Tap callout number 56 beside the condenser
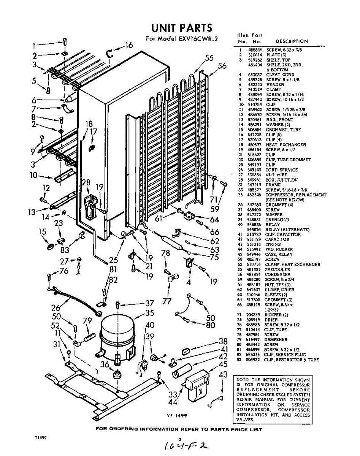(222, 66)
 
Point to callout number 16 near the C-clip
(129, 45)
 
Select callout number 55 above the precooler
(209, 58)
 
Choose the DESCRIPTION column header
(292, 41)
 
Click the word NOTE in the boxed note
(243, 380)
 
